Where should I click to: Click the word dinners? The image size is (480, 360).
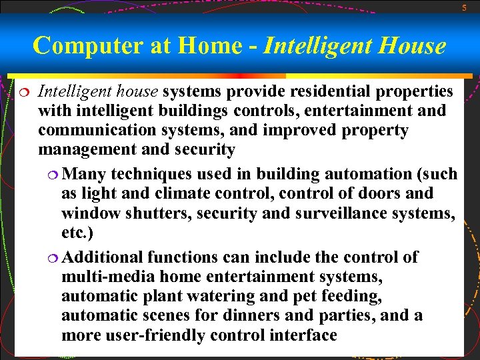pos(271,315)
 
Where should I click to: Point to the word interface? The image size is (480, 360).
pos(304,335)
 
